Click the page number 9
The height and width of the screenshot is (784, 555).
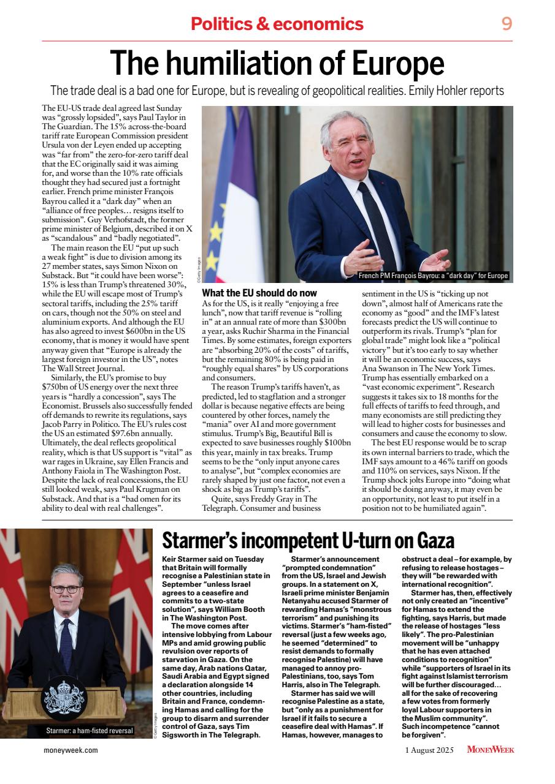point(506,24)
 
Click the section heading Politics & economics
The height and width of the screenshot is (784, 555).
point(277,24)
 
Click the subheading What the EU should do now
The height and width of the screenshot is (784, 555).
point(259,293)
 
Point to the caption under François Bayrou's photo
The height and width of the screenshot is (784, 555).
point(433,276)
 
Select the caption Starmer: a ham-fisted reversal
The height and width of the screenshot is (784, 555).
point(90,731)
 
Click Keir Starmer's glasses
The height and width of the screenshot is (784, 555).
point(66,589)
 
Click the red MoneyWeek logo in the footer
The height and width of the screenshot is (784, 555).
point(490,750)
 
